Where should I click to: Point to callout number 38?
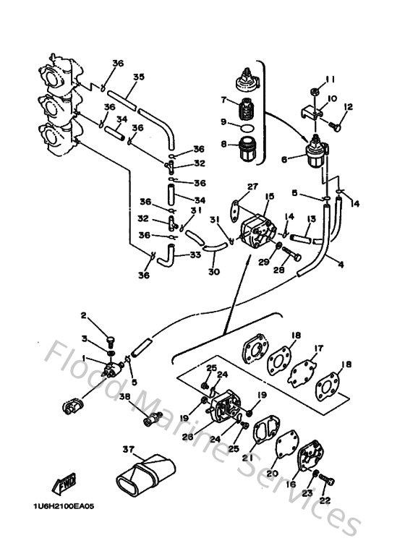point(124,397)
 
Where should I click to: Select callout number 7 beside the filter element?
point(223,100)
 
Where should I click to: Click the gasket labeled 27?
point(235,210)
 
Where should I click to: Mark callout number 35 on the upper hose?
point(138,76)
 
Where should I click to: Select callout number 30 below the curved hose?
point(212,272)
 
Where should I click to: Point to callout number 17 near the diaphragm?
point(316,348)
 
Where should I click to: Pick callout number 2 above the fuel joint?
point(83,315)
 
